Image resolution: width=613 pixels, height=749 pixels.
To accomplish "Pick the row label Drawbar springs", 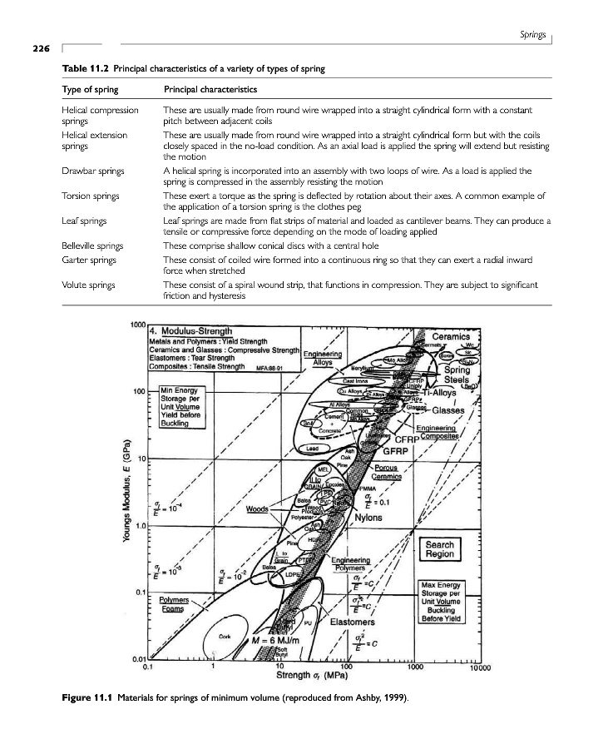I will click(92, 171).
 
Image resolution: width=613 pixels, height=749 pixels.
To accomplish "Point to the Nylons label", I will click(368, 517).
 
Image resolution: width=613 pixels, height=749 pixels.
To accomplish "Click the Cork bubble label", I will click(225, 636).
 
